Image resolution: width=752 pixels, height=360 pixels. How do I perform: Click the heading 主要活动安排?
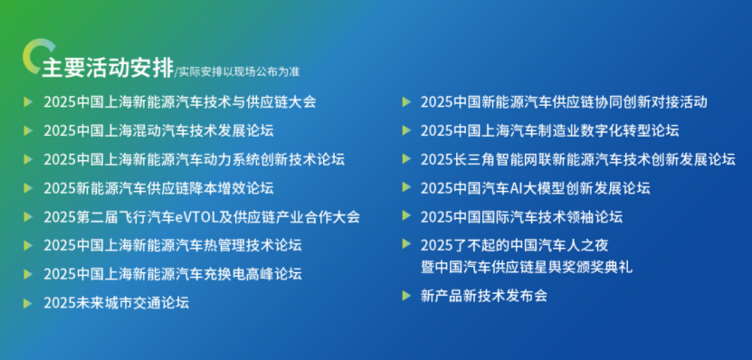coord(108,69)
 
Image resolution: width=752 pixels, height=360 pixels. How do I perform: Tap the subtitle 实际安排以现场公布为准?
coord(239,71)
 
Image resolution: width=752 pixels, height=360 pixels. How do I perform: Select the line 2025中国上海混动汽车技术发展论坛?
coord(158,130)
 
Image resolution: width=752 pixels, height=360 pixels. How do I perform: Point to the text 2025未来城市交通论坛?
coord(117,303)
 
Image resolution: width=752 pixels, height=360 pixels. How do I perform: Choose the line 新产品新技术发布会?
coord(484,296)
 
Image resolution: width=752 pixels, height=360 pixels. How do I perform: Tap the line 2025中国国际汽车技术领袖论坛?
coord(522,217)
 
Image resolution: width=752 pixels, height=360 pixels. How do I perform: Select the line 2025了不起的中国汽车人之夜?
coord(515,245)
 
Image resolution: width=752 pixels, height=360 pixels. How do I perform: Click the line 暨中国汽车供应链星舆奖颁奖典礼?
coord(527,267)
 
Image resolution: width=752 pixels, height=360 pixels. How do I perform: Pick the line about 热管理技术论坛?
coord(173,245)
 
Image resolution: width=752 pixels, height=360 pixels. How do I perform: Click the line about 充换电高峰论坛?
coord(173,274)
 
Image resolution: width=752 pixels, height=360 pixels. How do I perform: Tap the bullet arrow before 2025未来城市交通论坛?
coord(28,303)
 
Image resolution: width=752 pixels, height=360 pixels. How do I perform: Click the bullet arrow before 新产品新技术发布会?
coord(406,296)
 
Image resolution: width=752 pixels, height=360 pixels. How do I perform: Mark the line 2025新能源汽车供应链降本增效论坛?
coord(158,188)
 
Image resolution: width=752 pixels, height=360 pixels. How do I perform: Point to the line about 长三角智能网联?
coord(578,159)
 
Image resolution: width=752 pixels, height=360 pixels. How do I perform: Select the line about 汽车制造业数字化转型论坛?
coord(550,130)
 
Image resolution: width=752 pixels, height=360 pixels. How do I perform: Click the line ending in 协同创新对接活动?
coord(564,101)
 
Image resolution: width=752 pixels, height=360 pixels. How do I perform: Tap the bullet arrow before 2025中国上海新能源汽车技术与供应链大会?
coord(28,101)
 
